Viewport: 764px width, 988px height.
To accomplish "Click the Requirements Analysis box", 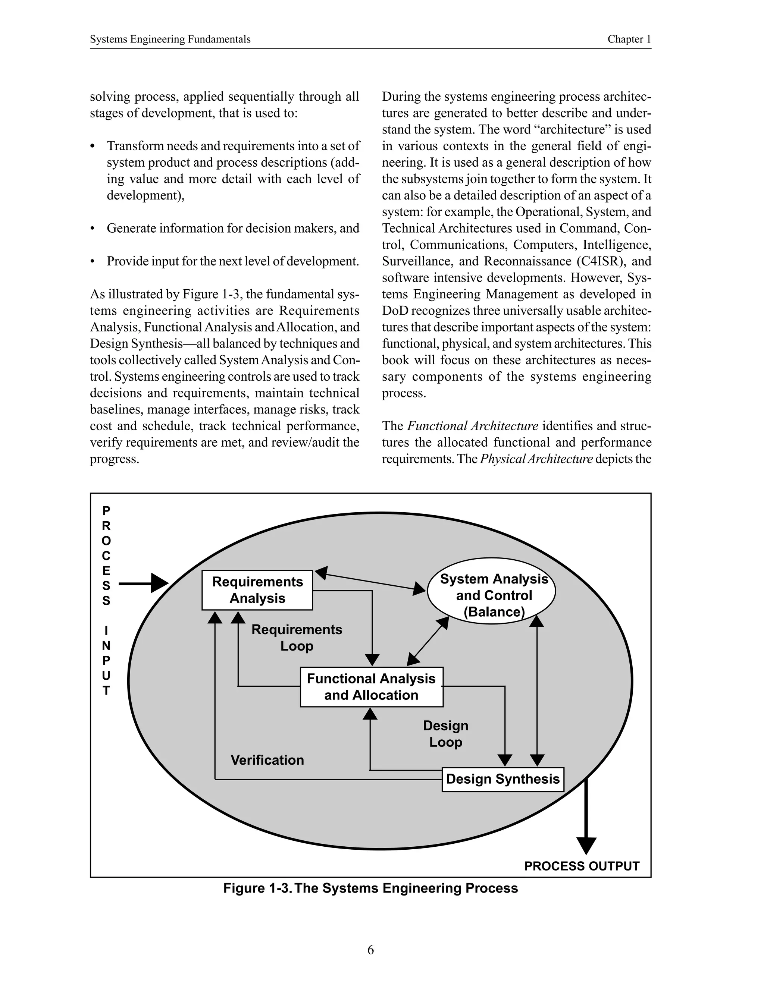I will (x=257, y=590).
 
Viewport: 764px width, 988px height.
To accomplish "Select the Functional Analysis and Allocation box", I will (x=371, y=687).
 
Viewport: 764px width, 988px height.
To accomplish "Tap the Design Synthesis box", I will (x=502, y=779).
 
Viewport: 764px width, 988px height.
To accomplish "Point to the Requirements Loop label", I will (x=297, y=638).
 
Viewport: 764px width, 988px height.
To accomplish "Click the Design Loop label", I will (x=445, y=734).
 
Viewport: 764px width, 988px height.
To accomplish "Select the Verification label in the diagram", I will (x=267, y=760).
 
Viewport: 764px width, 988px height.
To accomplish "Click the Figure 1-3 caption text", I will (x=370, y=888).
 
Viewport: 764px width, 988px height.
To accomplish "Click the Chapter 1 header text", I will (x=629, y=40).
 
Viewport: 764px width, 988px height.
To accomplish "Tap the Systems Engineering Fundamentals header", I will (x=170, y=40).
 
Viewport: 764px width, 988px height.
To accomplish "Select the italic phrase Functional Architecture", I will (x=473, y=426).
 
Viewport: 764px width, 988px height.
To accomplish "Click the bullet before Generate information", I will (x=93, y=229).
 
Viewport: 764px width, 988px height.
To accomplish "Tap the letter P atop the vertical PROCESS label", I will (x=106, y=511).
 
